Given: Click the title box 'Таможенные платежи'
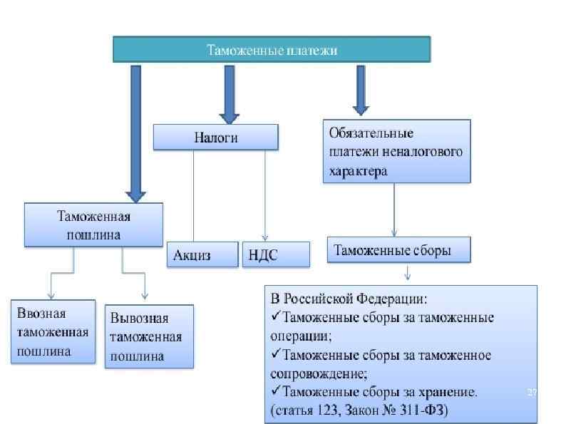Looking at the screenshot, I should tap(272, 50).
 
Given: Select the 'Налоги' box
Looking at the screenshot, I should tap(216, 138).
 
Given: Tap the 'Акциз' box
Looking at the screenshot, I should tap(202, 255).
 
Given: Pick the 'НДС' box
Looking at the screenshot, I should tap(276, 255).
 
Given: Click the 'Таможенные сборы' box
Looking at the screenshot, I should tap(399, 251).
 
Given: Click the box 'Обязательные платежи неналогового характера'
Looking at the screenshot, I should tap(396, 151).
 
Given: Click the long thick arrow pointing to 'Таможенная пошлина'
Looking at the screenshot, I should tap(135, 132).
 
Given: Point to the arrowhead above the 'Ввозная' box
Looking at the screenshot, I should tap(51, 294).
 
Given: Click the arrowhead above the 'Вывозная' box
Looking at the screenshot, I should tap(145, 294).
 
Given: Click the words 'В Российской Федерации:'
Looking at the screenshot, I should tap(349, 297).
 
